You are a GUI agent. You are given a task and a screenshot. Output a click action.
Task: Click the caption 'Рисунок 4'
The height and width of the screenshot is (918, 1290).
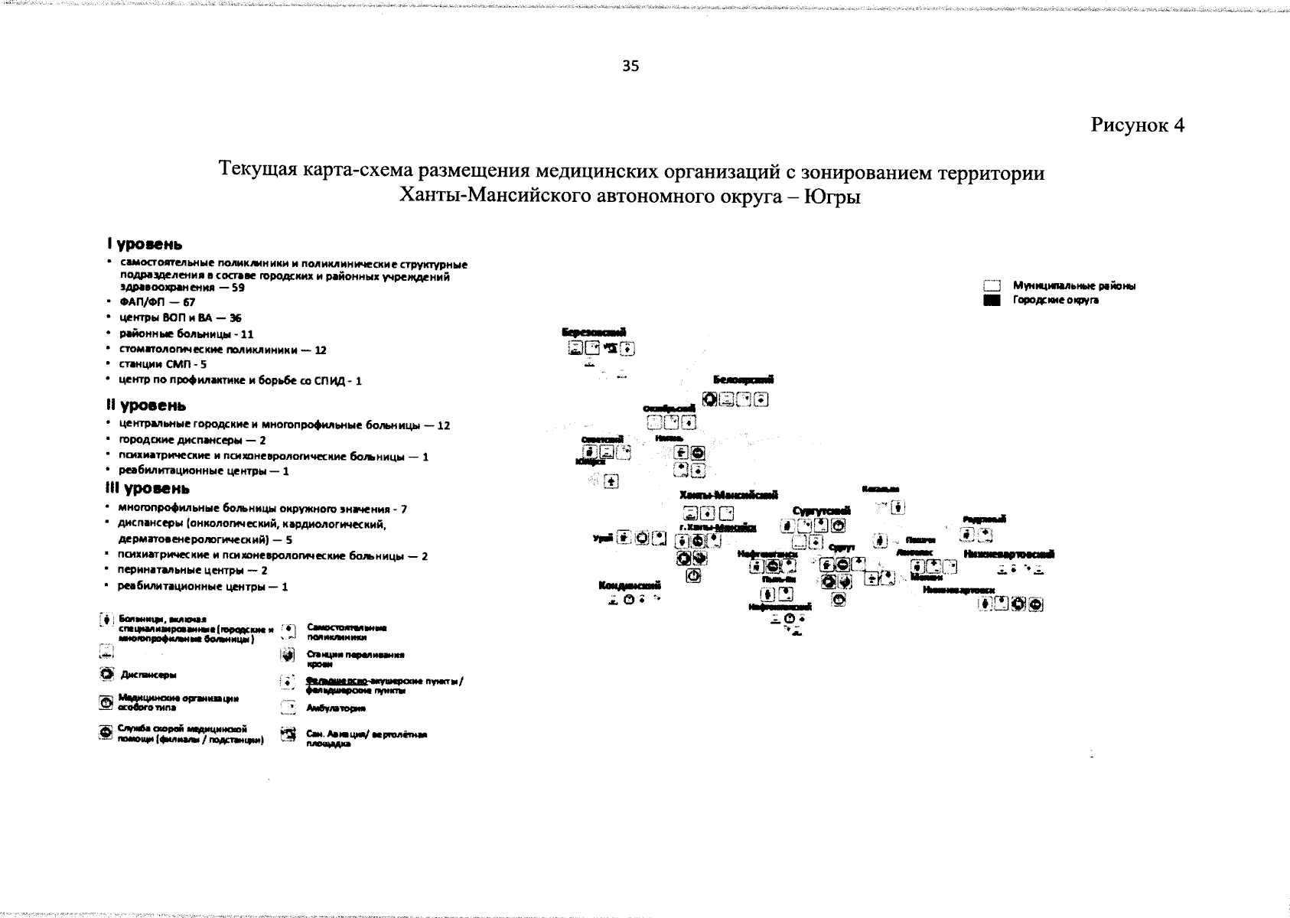tap(1137, 125)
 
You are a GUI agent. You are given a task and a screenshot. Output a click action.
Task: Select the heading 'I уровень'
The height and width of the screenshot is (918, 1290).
tap(145, 245)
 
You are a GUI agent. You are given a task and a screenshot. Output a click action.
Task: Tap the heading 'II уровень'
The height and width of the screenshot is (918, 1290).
tap(146, 405)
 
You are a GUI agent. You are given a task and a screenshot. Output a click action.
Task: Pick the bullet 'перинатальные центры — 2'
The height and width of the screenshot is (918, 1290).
tap(191, 571)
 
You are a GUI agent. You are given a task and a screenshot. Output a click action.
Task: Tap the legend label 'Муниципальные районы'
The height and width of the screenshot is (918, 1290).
tap(1073, 285)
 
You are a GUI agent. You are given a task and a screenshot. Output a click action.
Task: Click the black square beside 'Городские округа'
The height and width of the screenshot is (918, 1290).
tap(992, 301)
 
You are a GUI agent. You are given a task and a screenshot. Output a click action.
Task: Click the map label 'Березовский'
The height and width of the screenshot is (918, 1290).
tap(594, 331)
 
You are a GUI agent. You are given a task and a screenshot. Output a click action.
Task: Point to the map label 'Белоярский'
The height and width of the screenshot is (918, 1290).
tap(742, 379)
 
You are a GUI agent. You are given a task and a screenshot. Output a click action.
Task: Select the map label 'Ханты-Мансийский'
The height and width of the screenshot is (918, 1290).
tap(728, 495)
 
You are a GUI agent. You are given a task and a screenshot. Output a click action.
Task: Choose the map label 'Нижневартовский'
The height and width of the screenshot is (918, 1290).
tap(1009, 554)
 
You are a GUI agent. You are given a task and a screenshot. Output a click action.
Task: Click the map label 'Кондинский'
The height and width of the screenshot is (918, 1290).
tap(629, 585)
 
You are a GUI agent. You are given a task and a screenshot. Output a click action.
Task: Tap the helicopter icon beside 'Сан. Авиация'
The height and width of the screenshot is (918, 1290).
tap(288, 735)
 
